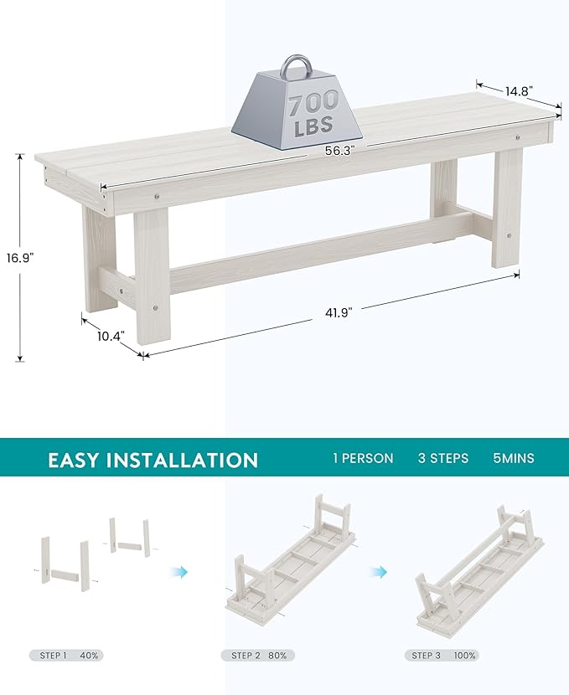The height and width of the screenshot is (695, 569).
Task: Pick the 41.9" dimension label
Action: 339,311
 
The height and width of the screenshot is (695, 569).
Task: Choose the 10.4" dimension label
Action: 109,336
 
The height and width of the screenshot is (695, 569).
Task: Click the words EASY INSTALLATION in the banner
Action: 153,460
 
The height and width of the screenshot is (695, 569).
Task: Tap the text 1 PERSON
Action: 363,458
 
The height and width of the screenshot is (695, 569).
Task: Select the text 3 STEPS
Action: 443,458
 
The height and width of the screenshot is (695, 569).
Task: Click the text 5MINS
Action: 513,458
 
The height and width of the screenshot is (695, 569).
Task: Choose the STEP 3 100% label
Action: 444,655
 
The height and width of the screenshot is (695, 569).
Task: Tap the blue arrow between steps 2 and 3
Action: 380,571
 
